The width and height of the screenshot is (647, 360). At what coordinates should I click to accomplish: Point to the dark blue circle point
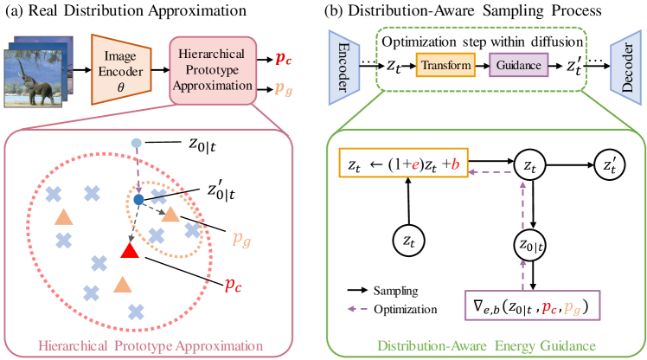click(138, 200)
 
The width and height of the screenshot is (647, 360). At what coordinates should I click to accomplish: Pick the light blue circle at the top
click(136, 142)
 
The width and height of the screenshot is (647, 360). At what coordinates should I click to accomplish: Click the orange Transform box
click(446, 65)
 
